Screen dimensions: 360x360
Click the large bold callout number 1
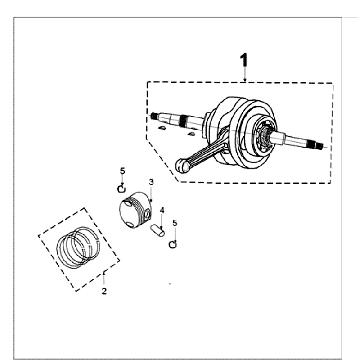[244, 61]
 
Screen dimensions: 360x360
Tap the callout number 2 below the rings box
[104, 291]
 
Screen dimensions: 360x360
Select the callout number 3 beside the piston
[151, 182]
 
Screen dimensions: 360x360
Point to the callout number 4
[162, 210]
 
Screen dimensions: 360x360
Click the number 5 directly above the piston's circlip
[122, 171]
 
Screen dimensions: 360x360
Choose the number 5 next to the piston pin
[175, 223]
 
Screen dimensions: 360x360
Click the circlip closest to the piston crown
[122, 189]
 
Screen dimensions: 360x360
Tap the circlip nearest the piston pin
[173, 245]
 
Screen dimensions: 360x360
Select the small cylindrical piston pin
[157, 230]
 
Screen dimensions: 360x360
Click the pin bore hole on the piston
[147, 215]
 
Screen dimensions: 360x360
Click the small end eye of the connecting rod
[182, 166]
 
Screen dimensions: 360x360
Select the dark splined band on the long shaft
[183, 120]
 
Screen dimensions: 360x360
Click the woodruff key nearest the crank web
[191, 134]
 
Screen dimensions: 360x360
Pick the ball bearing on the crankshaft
[266, 136]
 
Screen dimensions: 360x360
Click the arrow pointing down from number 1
[245, 74]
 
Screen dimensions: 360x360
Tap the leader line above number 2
[104, 279]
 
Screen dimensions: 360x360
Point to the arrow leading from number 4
[162, 221]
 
